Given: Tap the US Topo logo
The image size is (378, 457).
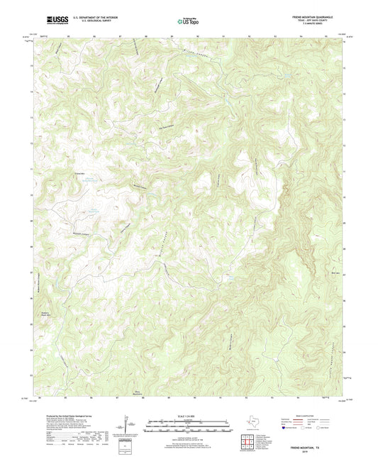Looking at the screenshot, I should click(x=184, y=22).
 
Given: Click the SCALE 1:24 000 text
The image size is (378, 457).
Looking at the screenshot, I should click(x=189, y=416).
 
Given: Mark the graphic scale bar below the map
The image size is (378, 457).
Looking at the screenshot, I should click(x=189, y=426).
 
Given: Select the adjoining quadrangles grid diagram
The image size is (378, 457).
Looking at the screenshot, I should click(x=248, y=444).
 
